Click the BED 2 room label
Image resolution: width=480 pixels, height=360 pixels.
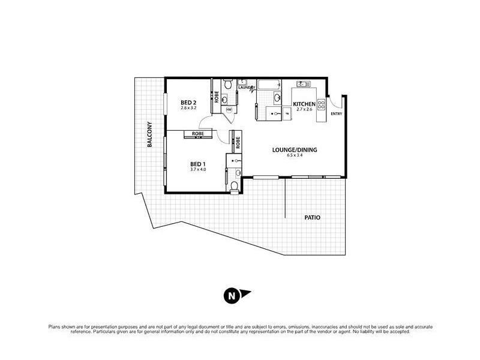[x=189, y=103]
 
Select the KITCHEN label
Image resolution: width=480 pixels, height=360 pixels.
[x=304, y=103]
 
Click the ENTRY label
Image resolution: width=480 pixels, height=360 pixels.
[x=336, y=115]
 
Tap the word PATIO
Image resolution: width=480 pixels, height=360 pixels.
[x=312, y=218]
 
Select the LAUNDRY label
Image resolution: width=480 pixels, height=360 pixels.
[x=247, y=88]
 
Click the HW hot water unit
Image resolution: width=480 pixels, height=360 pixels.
[x=229, y=110]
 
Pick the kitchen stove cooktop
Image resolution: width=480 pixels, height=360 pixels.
[x=322, y=104]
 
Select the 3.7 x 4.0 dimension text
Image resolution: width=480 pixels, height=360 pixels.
[x=198, y=169]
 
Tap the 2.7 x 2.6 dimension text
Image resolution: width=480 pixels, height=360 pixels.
[x=304, y=110]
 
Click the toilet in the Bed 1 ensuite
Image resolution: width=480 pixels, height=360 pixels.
[x=233, y=186]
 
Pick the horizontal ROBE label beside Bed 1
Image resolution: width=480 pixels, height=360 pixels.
[x=197, y=133]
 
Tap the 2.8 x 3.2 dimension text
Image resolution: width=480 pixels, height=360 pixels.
[x=189, y=109]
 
